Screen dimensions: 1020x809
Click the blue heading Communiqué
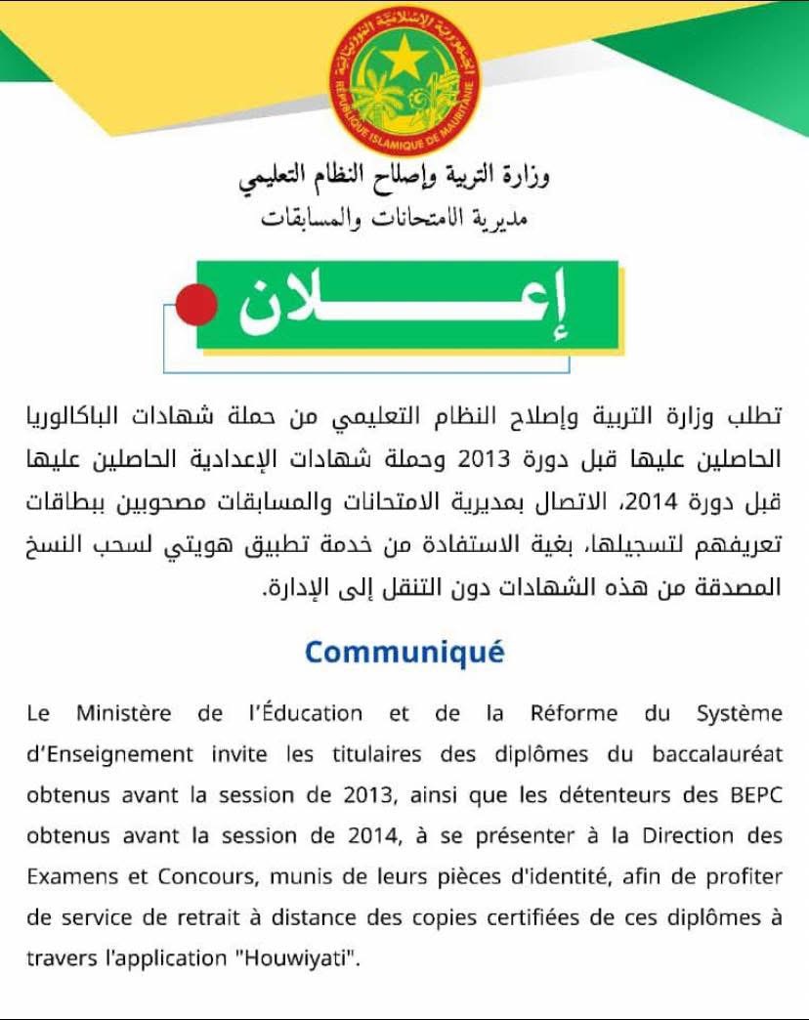click(404, 652)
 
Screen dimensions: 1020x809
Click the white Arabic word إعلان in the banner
click(406, 305)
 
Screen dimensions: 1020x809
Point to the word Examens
click(68, 876)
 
